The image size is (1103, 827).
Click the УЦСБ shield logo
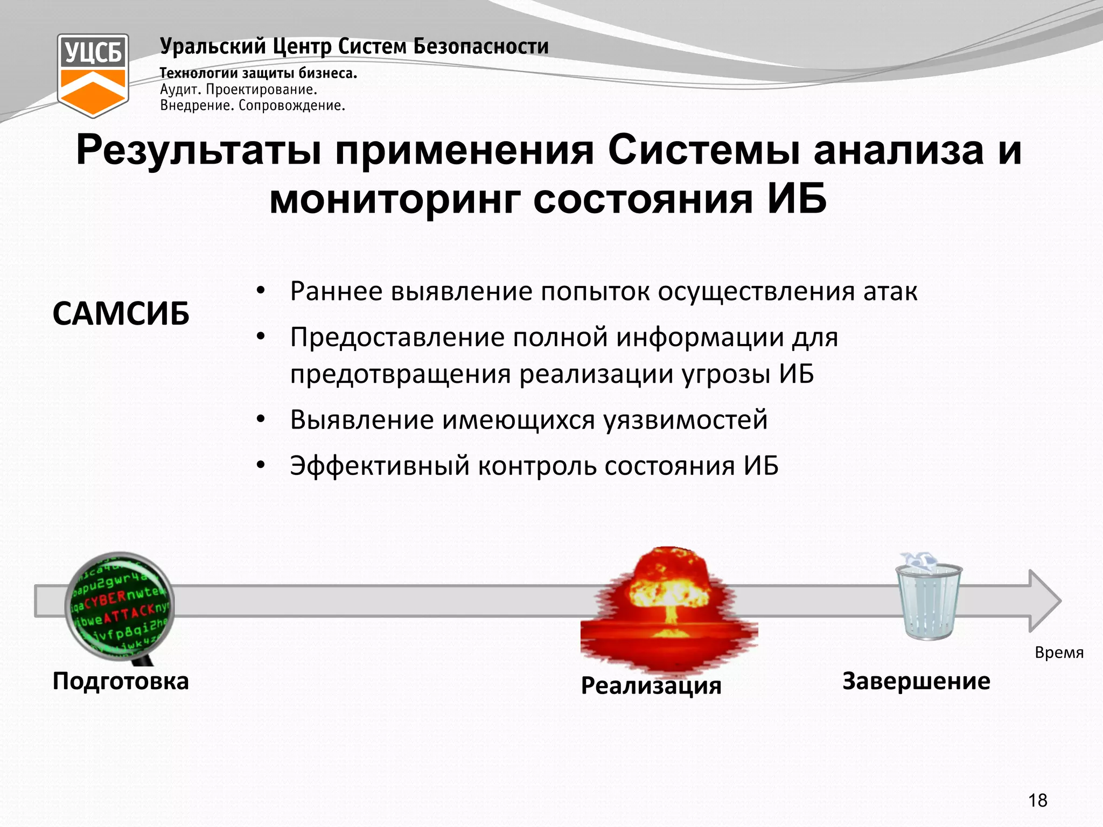(x=93, y=75)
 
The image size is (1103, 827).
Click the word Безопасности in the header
(x=481, y=46)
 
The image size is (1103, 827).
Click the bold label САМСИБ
(x=121, y=313)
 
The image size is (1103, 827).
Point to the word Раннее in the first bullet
(x=336, y=291)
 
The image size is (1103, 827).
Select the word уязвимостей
(x=685, y=420)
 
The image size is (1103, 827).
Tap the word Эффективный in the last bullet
(x=380, y=466)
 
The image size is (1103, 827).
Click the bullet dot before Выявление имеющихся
(x=261, y=419)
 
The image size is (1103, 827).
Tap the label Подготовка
(x=121, y=681)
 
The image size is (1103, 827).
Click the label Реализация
(x=651, y=685)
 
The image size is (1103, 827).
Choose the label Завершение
(x=916, y=681)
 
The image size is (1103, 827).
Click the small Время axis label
(x=1059, y=653)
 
